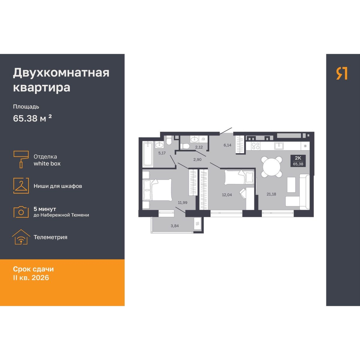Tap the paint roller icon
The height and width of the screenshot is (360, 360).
[21, 159]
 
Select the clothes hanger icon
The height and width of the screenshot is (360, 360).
[21, 186]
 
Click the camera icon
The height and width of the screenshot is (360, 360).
[21, 212]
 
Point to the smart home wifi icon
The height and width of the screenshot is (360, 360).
[21, 237]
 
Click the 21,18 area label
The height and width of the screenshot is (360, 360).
[271, 194]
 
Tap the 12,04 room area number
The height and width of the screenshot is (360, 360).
[227, 195]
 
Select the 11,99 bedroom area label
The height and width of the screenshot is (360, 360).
[182, 202]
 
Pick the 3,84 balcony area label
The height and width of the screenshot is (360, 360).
[175, 226]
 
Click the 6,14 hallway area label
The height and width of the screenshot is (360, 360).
[227, 145]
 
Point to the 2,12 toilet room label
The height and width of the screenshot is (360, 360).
[199, 147]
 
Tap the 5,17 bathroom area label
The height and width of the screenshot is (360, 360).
[162, 153]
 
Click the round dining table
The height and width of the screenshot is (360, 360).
[272, 166]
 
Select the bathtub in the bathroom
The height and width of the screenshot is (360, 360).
[148, 154]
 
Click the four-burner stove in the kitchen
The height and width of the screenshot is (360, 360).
[256, 146]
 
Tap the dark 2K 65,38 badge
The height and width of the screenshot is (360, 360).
[298, 161]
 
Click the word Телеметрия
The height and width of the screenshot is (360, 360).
[50, 237]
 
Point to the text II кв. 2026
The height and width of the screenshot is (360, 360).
[31, 277]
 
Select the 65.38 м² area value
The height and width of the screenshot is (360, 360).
[32, 118]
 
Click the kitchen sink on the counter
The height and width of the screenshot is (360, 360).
[279, 146]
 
